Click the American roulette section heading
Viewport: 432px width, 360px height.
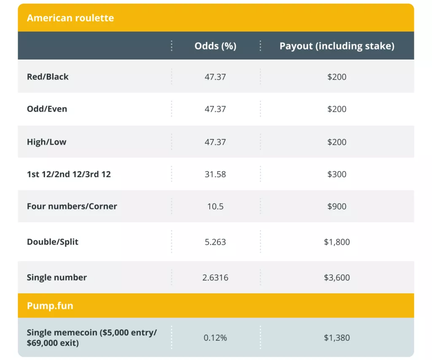point(70,18)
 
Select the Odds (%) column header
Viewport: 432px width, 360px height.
point(215,46)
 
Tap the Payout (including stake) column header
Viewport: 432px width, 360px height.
point(337,46)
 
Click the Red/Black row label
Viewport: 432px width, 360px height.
point(48,77)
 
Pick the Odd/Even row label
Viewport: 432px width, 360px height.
point(47,109)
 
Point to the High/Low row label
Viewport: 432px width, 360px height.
point(46,142)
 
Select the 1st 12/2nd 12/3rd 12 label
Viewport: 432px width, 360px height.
point(69,174)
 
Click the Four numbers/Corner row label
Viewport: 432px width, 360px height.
point(72,206)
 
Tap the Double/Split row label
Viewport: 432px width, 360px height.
point(52,242)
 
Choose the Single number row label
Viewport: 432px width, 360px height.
point(57,277)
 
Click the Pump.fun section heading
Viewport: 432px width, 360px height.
point(50,306)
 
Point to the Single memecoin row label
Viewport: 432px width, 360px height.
point(92,337)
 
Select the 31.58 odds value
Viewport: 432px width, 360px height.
point(215,174)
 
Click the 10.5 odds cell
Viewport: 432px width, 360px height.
point(215,206)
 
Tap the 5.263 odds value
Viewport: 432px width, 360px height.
point(215,242)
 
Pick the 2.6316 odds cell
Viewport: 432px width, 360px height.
point(215,277)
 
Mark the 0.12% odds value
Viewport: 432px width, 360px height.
point(215,338)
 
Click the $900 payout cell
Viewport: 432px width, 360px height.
point(337,206)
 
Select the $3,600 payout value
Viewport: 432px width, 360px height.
point(337,277)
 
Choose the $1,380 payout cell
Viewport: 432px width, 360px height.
point(337,338)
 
